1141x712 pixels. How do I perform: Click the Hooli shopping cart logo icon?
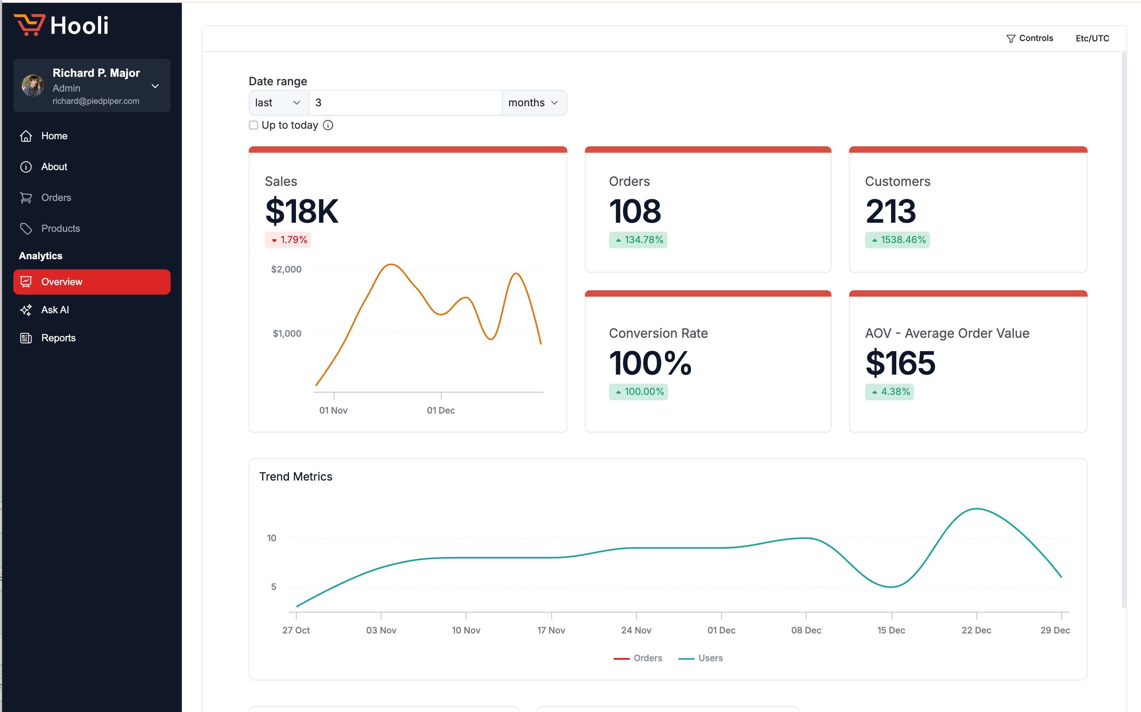point(29,25)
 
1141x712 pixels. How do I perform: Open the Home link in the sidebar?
point(54,136)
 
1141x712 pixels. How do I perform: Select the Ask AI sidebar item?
point(55,310)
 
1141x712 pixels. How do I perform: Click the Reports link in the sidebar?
point(58,338)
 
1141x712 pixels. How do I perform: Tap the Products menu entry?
point(60,228)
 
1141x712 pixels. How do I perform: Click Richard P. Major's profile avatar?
point(33,86)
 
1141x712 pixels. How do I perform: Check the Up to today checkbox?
point(253,125)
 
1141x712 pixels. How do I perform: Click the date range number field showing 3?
point(405,103)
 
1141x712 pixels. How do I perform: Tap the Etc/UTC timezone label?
point(1092,38)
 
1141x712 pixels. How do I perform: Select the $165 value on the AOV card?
point(900,363)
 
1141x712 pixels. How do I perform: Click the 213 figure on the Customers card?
point(890,211)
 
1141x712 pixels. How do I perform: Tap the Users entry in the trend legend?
point(710,658)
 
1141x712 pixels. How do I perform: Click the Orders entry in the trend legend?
point(647,658)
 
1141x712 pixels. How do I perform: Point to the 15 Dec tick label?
point(891,630)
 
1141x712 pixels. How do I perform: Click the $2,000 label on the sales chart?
point(286,269)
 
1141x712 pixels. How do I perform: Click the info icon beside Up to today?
point(328,125)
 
